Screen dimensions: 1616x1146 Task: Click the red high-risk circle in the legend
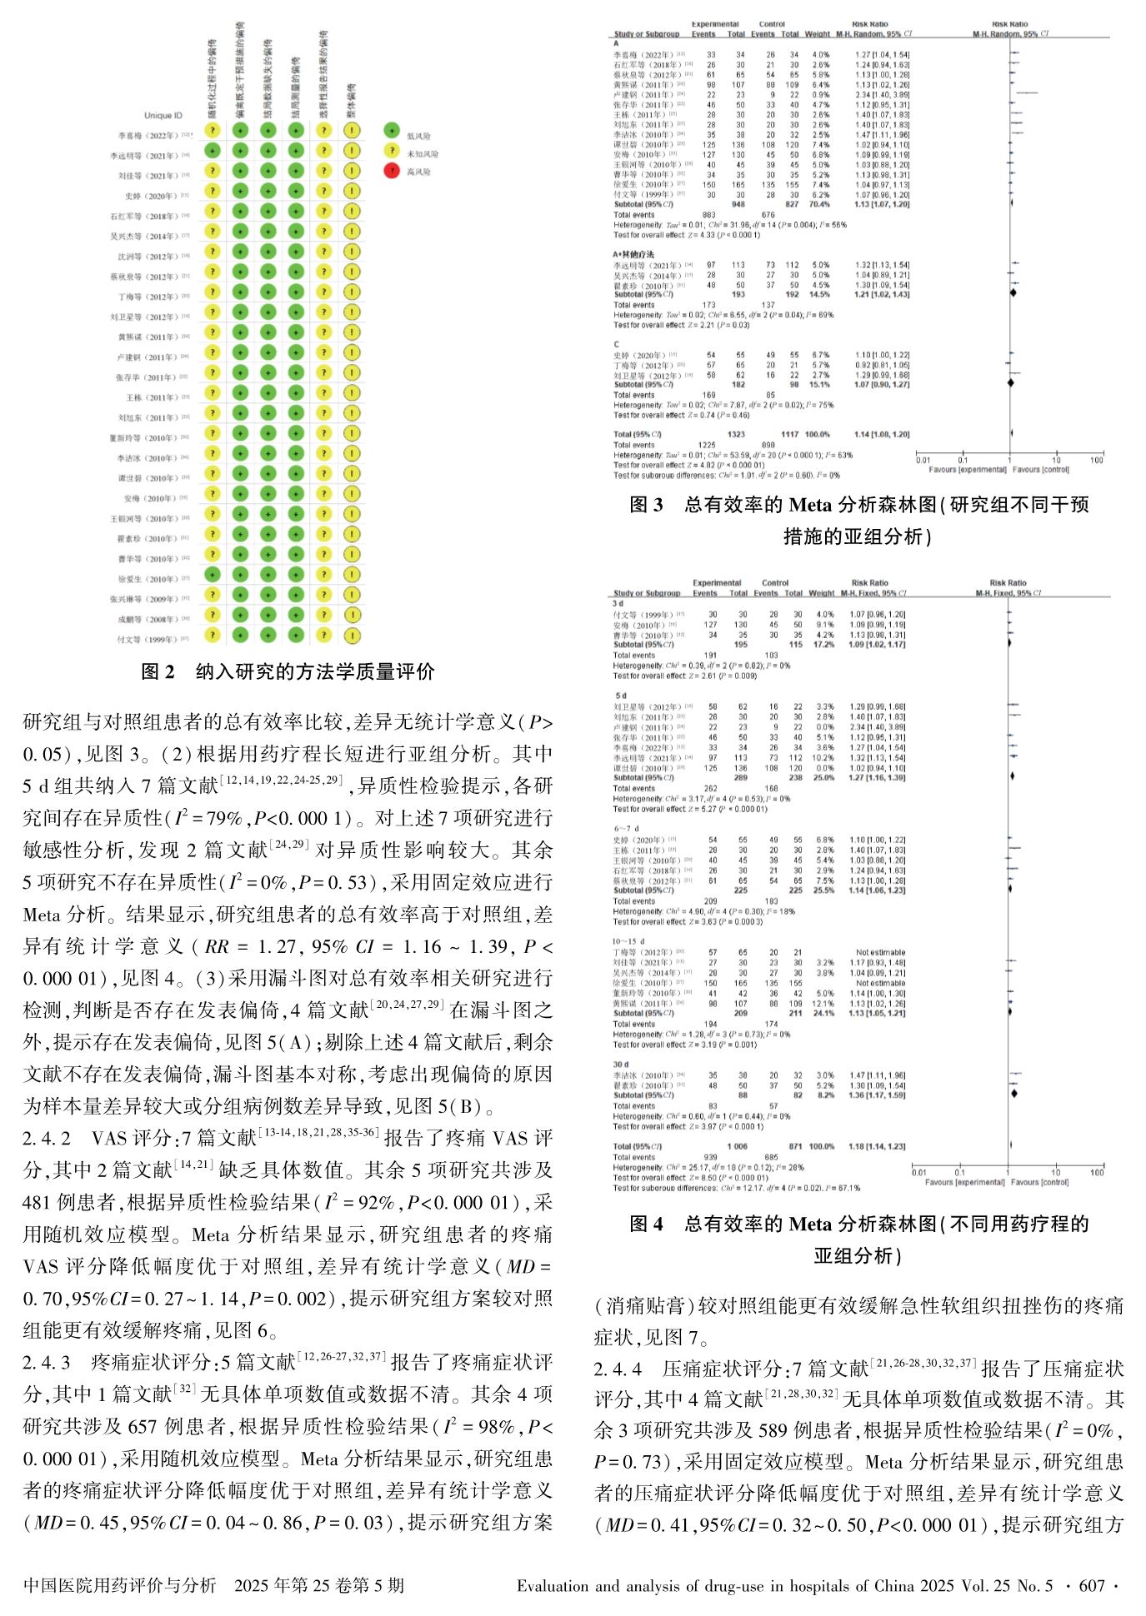point(392,172)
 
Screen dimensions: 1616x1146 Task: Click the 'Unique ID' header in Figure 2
point(163,116)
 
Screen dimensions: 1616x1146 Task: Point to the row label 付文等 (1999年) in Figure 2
point(147,640)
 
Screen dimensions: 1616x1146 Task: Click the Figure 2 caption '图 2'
point(158,672)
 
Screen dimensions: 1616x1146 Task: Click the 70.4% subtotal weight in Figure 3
point(819,204)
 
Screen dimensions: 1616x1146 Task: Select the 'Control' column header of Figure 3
point(772,25)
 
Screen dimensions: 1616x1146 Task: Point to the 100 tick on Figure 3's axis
point(1096,460)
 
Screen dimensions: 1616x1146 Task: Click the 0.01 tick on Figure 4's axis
point(918,1172)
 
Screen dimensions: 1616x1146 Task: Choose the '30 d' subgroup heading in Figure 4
point(621,1065)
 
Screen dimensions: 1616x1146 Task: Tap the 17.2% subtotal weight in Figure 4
point(823,645)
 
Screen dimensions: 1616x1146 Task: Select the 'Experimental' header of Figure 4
point(716,583)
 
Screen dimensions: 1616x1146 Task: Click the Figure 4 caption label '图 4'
point(646,1224)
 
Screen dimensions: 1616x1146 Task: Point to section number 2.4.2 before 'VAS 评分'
point(46,1139)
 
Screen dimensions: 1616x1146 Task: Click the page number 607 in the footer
point(1091,1586)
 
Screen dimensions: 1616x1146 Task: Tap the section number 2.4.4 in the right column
point(618,1369)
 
